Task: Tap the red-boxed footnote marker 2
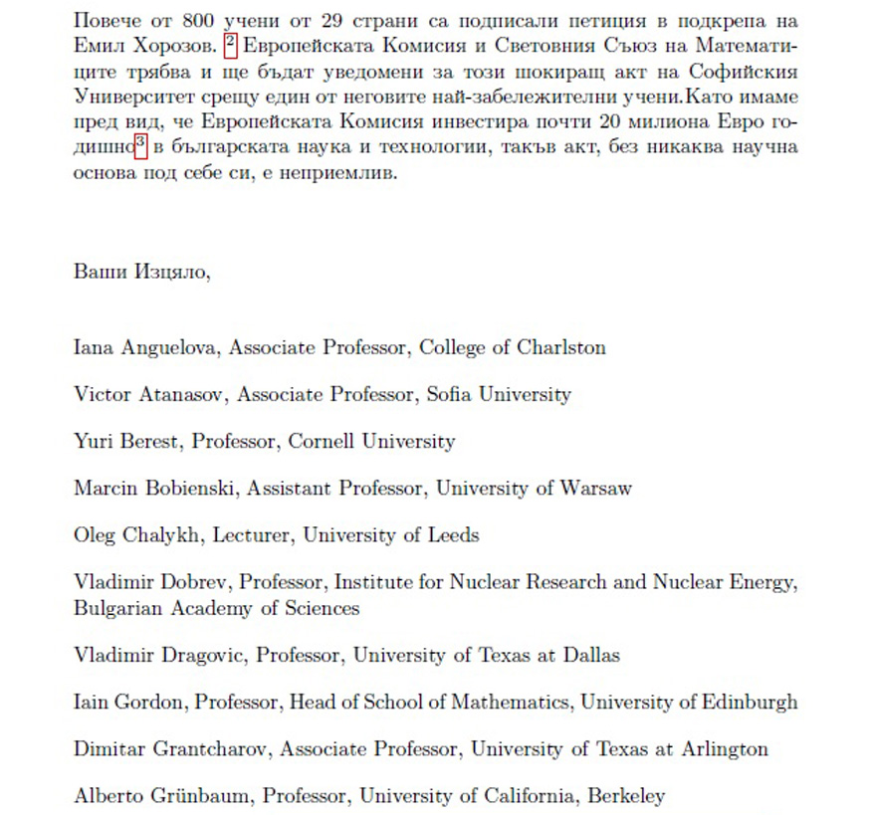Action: tap(230, 45)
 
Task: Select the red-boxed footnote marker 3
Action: tap(140, 147)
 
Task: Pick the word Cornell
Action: tap(323, 441)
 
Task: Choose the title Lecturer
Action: tap(256, 535)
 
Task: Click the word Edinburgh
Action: tap(738, 703)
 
